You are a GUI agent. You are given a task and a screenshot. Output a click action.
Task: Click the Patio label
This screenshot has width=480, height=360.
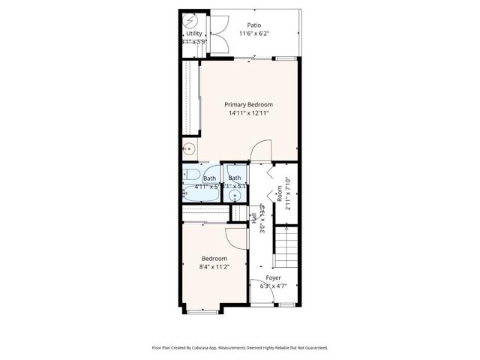point(254,25)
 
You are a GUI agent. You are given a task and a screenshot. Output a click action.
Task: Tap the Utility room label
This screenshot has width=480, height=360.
point(194,33)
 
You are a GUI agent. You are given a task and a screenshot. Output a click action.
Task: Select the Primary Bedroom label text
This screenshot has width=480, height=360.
point(249,104)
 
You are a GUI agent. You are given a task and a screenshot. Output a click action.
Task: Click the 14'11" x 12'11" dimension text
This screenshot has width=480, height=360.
point(249,113)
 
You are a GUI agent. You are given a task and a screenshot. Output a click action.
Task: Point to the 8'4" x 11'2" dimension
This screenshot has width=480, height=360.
point(214,266)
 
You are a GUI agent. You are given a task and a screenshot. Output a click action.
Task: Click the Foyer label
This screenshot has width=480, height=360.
point(274,277)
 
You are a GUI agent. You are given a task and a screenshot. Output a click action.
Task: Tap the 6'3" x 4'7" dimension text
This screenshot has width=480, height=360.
point(274,286)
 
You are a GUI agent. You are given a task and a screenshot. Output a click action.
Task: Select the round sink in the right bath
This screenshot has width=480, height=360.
point(235,196)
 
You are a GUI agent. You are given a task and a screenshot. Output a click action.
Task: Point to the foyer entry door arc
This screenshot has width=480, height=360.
point(265,298)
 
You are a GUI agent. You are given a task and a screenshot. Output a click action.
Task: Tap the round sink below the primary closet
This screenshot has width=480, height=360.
point(190,148)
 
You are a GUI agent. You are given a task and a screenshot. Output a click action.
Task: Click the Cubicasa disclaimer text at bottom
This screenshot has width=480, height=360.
point(240,348)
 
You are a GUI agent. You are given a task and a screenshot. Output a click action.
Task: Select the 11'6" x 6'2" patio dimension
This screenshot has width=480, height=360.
point(254,34)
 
